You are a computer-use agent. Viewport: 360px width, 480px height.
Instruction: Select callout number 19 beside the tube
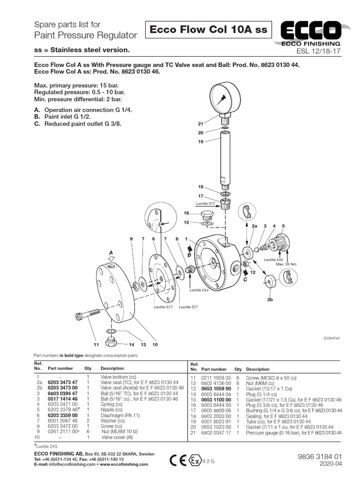200,142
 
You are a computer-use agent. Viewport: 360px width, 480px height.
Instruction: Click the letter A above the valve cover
111,252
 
